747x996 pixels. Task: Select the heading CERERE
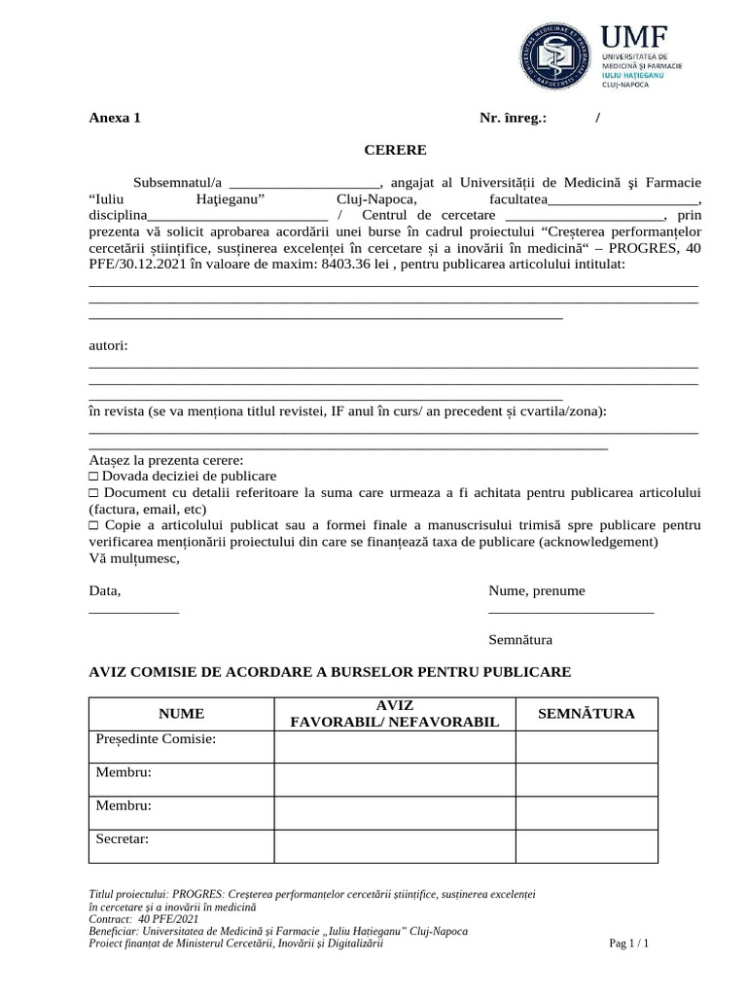(x=395, y=150)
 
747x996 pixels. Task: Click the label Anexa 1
(x=115, y=118)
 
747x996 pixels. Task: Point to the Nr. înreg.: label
(x=513, y=118)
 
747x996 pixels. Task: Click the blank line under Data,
(x=134, y=611)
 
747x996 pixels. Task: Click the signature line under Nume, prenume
(x=571, y=611)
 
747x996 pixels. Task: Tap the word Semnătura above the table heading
(x=520, y=640)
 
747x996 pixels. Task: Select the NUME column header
(x=182, y=714)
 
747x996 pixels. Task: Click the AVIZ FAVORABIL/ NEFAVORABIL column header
(x=394, y=714)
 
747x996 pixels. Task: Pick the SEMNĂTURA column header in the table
(x=587, y=714)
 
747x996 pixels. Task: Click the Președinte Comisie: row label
(x=156, y=739)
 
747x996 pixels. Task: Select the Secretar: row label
(x=123, y=838)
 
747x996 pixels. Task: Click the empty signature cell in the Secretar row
(x=587, y=846)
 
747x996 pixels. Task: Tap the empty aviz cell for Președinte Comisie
(x=394, y=746)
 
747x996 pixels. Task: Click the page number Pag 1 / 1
(x=628, y=943)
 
